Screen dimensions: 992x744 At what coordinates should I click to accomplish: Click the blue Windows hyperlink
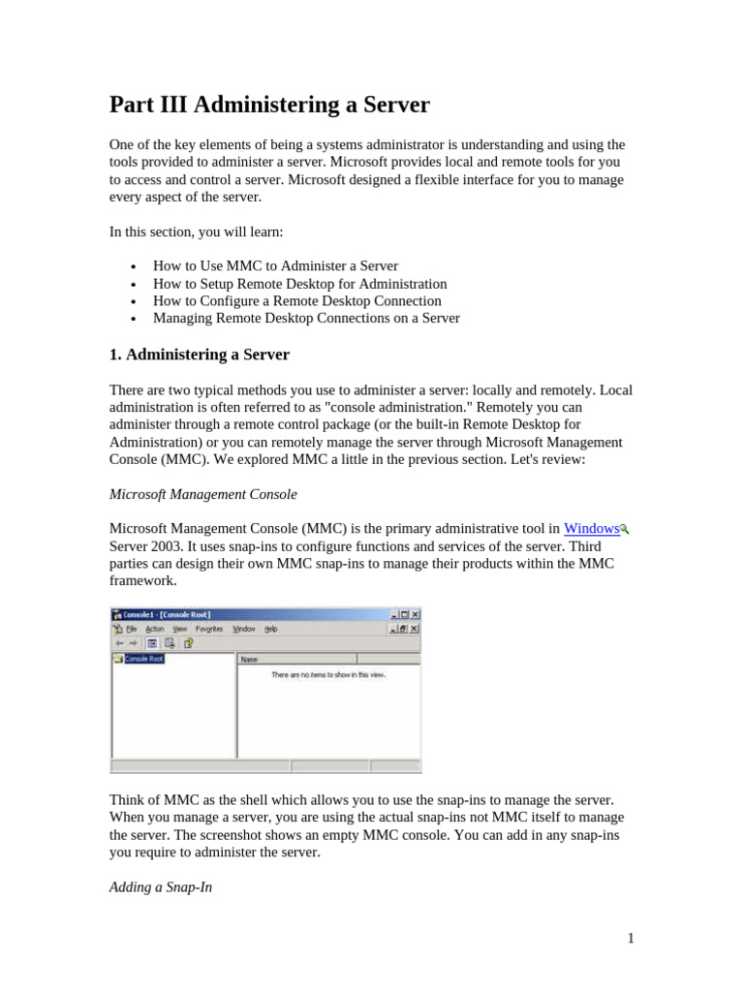[591, 529]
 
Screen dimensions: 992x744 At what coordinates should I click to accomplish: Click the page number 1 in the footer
[630, 938]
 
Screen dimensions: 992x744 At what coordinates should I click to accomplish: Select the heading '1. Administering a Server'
[199, 355]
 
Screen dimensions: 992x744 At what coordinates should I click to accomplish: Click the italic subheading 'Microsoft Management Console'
[202, 494]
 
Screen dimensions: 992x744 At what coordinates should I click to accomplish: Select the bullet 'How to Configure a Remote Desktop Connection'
[296, 301]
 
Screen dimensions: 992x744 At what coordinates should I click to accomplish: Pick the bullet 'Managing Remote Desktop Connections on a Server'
[306, 318]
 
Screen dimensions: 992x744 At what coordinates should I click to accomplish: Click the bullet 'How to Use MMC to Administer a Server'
[275, 265]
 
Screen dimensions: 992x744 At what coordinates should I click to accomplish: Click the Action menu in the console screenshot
[155, 629]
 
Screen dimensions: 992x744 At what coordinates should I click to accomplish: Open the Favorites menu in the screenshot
[209, 629]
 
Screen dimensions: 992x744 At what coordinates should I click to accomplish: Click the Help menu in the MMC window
[270, 629]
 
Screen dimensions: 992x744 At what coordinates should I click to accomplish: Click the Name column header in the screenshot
[249, 659]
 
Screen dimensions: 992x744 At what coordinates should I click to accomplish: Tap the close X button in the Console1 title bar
[416, 614]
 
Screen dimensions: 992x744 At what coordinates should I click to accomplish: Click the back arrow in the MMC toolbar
[118, 642]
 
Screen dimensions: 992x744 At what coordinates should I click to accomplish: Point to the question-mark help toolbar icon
[188, 642]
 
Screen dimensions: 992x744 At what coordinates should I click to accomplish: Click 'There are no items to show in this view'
[328, 674]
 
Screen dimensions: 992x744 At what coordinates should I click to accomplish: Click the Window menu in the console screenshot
[243, 629]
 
